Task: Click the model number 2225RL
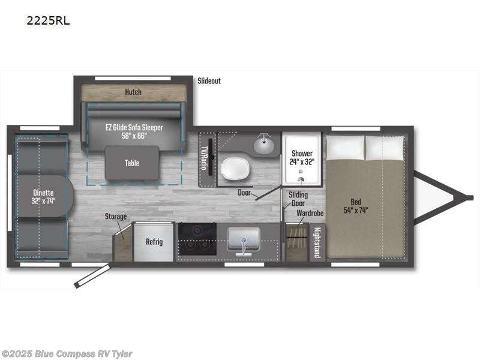click(x=47, y=20)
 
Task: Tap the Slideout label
click(x=209, y=80)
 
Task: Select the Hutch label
click(x=133, y=92)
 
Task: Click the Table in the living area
click(x=132, y=163)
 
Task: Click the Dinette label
click(x=43, y=197)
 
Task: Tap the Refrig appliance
click(x=154, y=242)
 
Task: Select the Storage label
click(x=116, y=216)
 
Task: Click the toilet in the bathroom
click(x=234, y=169)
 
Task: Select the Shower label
click(x=301, y=157)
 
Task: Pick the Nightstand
click(x=317, y=242)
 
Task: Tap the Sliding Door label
click(x=298, y=199)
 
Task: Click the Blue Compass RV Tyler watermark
click(x=67, y=354)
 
